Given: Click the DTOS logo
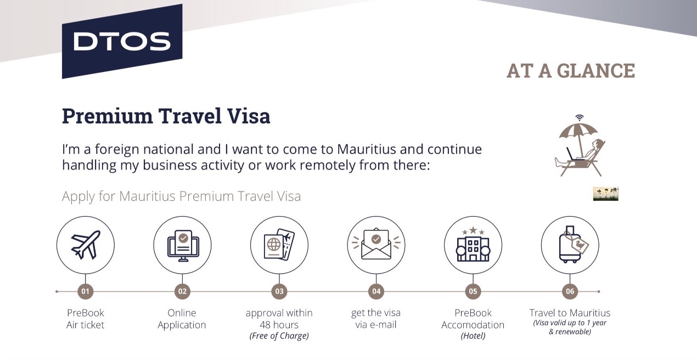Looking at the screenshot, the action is [122, 41].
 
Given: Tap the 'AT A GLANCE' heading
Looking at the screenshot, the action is [571, 71].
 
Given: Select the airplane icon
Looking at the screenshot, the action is [86, 245].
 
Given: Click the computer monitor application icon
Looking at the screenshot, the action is [183, 246].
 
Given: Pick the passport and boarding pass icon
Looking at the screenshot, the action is [279, 245].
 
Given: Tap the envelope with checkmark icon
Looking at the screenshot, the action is [376, 245].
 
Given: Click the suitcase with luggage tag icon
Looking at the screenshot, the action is [574, 245].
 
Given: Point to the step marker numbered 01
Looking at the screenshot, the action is [85, 291].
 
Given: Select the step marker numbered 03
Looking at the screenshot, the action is [279, 291].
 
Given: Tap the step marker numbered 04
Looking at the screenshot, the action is [376, 291].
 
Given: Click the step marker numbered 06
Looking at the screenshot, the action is [570, 291].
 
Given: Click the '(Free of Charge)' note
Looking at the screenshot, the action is [279, 336].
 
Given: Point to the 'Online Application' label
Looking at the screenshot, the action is [182, 319].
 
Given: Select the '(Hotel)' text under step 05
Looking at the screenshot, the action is [473, 336].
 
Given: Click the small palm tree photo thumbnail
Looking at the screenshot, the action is [605, 194].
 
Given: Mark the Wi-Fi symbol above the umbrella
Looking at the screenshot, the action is [579, 118].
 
